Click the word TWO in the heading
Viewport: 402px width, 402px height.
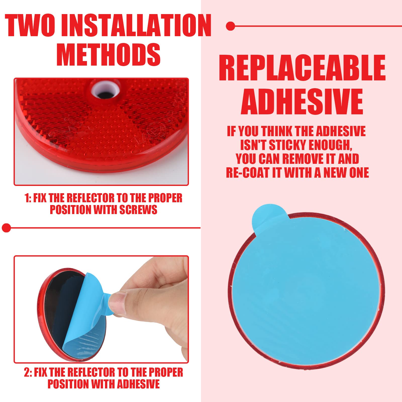click(30, 25)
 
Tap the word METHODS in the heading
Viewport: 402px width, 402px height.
click(108, 55)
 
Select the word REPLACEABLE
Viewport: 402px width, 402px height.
click(302, 68)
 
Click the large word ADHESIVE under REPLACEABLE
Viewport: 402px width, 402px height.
click(302, 102)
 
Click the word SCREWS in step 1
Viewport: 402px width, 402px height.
click(138, 210)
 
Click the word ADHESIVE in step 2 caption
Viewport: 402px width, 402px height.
click(138, 384)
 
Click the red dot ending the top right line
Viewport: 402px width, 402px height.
click(230, 26)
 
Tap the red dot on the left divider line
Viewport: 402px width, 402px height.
click(6, 228)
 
